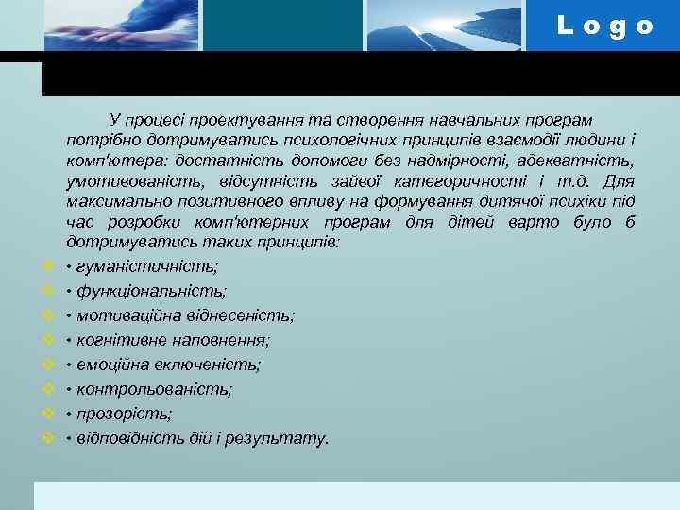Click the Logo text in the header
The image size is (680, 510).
coord(605,25)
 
